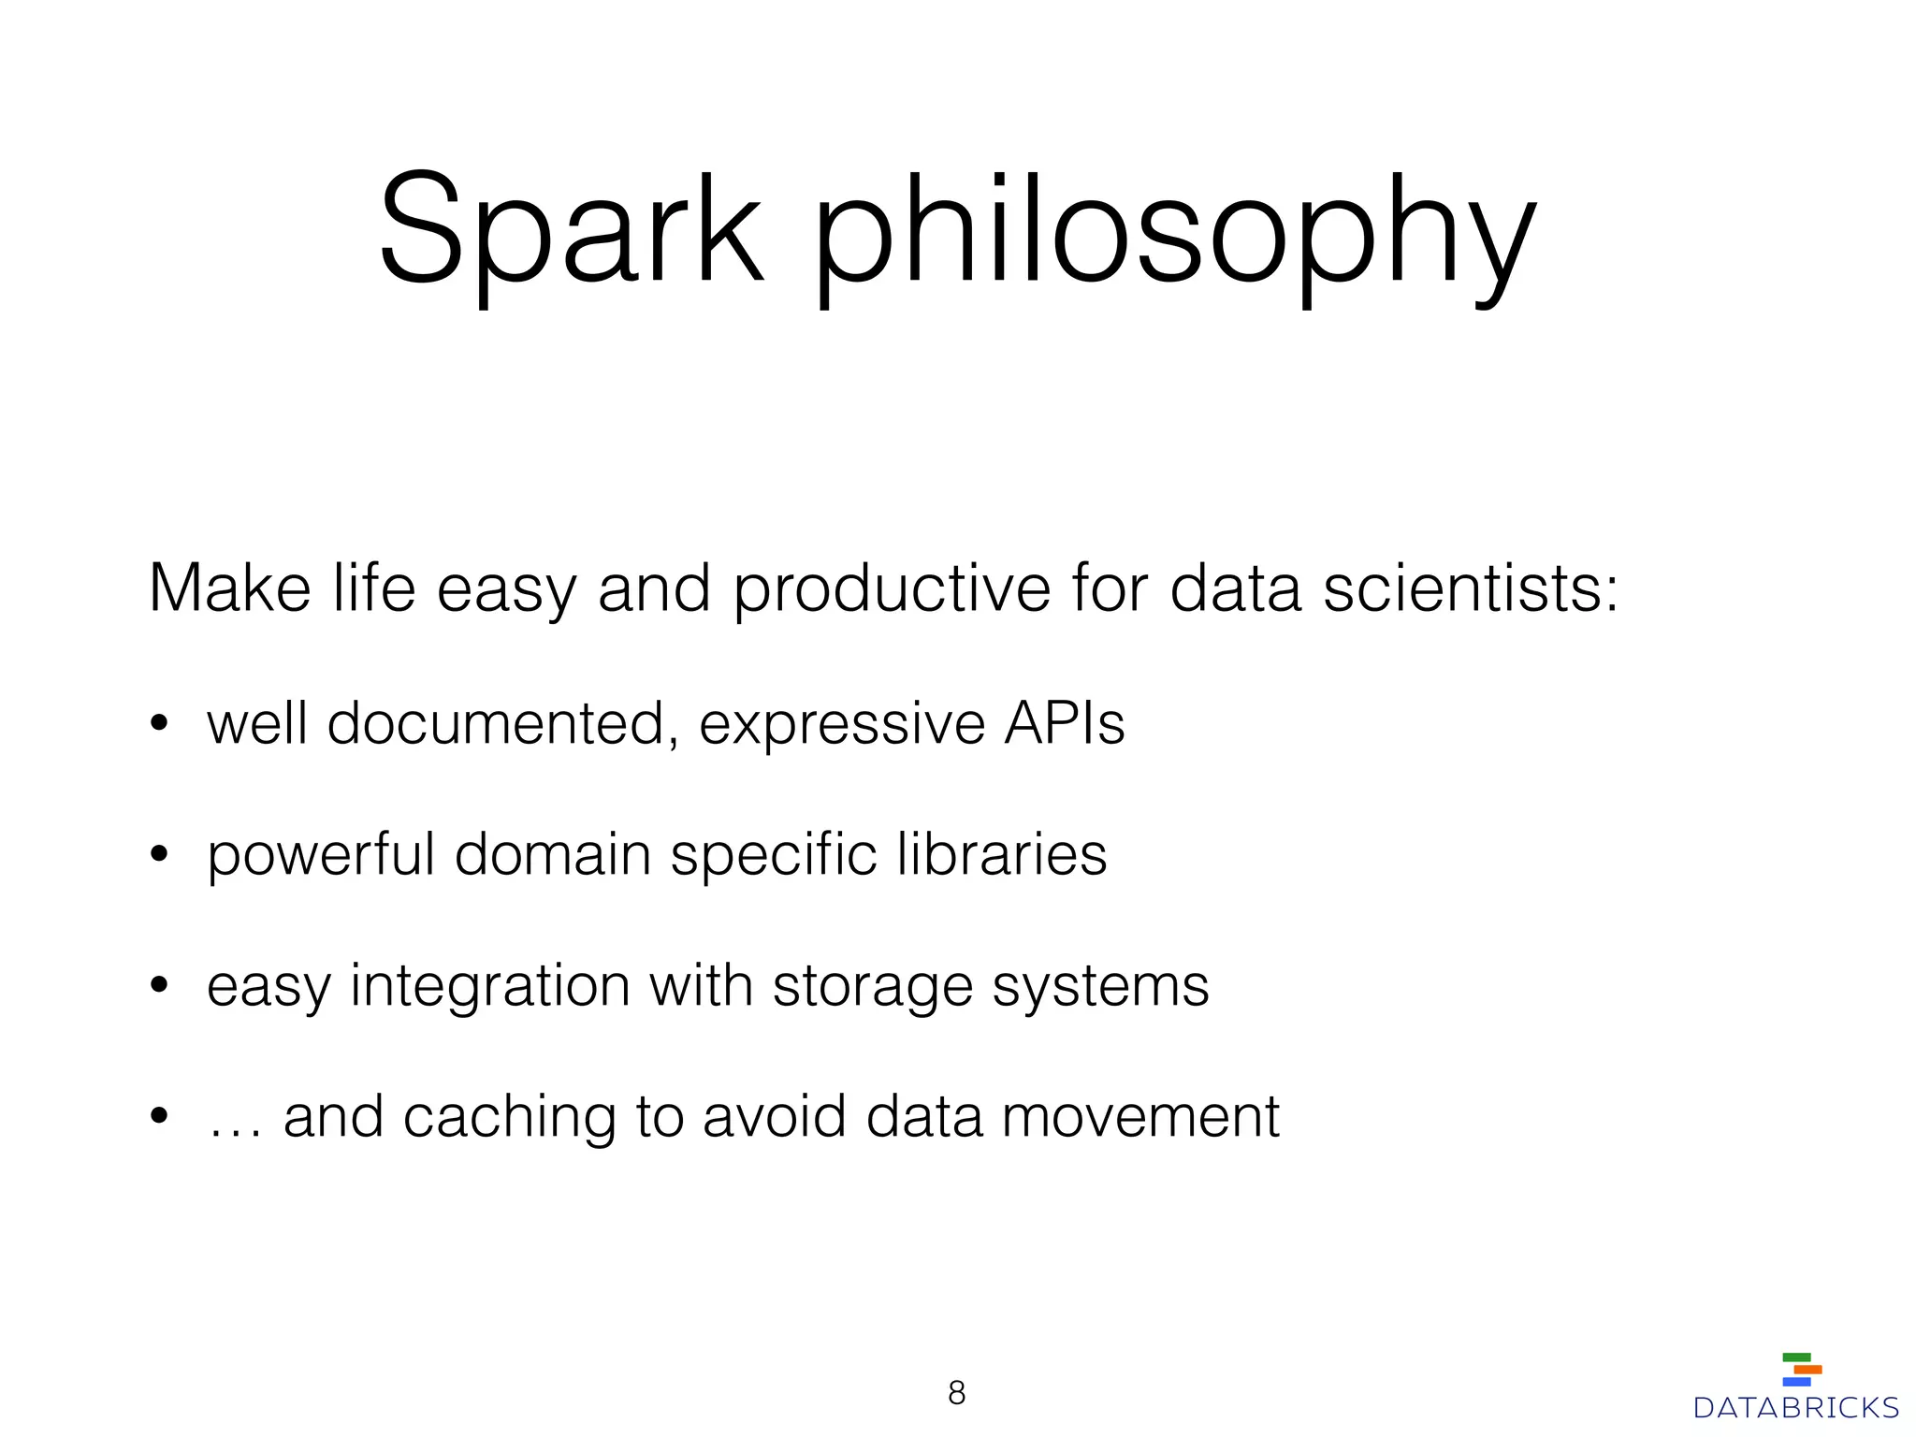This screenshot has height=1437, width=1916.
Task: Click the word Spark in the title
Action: tap(571, 229)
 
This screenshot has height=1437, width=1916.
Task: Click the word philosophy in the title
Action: tap(1174, 234)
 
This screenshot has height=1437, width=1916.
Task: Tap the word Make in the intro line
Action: tap(229, 588)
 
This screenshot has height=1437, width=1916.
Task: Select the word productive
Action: tap(892, 590)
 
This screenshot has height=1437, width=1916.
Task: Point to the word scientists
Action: tap(1471, 588)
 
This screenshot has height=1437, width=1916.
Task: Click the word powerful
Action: tap(321, 855)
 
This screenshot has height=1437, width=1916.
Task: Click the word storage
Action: tap(873, 987)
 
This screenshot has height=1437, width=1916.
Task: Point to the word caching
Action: tap(509, 1118)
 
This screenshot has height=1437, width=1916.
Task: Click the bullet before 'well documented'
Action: tap(160, 724)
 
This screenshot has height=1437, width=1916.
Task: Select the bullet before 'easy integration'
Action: tap(160, 986)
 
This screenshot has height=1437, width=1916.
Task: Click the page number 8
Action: tap(956, 1393)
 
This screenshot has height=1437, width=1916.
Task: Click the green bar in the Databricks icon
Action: tap(1796, 1357)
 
